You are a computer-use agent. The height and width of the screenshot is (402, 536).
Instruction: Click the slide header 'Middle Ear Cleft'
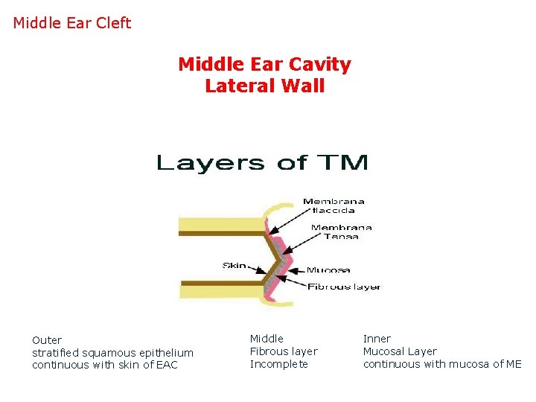72,23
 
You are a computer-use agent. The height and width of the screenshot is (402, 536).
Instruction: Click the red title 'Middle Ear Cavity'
264,65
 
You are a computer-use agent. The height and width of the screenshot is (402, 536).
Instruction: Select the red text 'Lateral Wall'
264,86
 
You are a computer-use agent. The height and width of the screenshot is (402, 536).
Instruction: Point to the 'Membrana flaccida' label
334,205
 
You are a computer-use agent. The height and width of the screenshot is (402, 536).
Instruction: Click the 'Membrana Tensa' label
341,232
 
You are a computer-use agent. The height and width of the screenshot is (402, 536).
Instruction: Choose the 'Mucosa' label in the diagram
328,269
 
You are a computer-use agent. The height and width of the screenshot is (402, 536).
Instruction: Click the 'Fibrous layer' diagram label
344,287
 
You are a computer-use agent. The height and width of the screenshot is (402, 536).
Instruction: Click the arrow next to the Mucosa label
296,269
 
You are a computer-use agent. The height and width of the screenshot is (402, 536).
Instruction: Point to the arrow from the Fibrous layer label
295,284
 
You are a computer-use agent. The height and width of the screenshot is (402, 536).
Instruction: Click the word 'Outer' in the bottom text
47,340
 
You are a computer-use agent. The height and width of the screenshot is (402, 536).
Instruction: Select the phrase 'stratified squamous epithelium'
112,353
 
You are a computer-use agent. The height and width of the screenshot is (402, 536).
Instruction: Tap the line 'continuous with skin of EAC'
105,365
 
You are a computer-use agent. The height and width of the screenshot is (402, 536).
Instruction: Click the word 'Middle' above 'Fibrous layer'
267,339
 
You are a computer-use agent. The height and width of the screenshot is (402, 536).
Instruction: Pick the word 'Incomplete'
278,364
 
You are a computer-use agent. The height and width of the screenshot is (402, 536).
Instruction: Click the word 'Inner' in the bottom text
377,339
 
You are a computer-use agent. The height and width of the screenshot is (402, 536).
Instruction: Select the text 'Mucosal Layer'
400,351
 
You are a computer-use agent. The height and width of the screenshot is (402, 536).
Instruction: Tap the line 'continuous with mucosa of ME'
442,364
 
